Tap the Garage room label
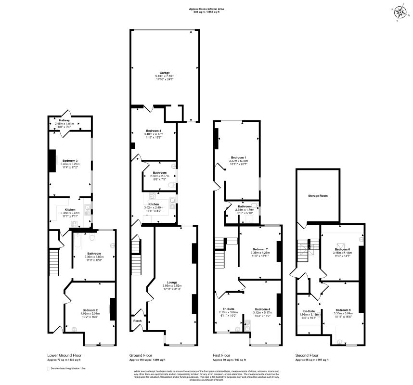tap(165, 73)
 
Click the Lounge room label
tap(172, 282)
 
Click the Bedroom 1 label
tap(238, 157)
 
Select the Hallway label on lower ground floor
tap(65, 120)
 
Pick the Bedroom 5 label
tap(343, 309)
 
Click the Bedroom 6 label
tap(343, 249)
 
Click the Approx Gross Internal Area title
tap(206, 9)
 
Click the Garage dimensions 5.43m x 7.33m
tap(165, 77)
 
